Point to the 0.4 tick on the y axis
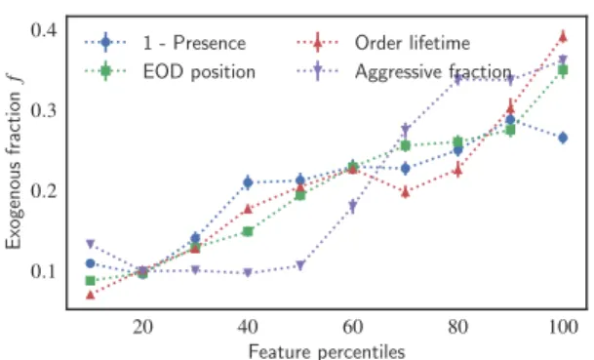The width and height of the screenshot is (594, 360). click(44, 30)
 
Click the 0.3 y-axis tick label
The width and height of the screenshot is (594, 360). click(44, 110)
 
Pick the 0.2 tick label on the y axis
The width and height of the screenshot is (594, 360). click(44, 191)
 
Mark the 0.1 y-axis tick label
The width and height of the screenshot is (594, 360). click(44, 271)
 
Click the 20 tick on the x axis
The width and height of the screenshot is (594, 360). click(142, 327)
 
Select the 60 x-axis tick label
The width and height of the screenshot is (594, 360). click(353, 327)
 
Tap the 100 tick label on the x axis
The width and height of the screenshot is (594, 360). click(563, 327)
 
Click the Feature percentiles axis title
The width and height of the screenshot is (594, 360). click(327, 351)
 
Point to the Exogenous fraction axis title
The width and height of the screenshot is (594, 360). click(14, 161)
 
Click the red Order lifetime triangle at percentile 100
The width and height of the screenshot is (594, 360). click(563, 36)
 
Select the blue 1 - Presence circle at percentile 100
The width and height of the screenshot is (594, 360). click(563, 138)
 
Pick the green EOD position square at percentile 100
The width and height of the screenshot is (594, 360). click(563, 70)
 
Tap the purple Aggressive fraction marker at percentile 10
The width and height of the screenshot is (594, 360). click(90, 244)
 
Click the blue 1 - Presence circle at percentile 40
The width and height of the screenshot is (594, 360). click(248, 182)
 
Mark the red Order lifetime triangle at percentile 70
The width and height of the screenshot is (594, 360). click(406, 192)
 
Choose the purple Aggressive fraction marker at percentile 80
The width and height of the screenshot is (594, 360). click(458, 79)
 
